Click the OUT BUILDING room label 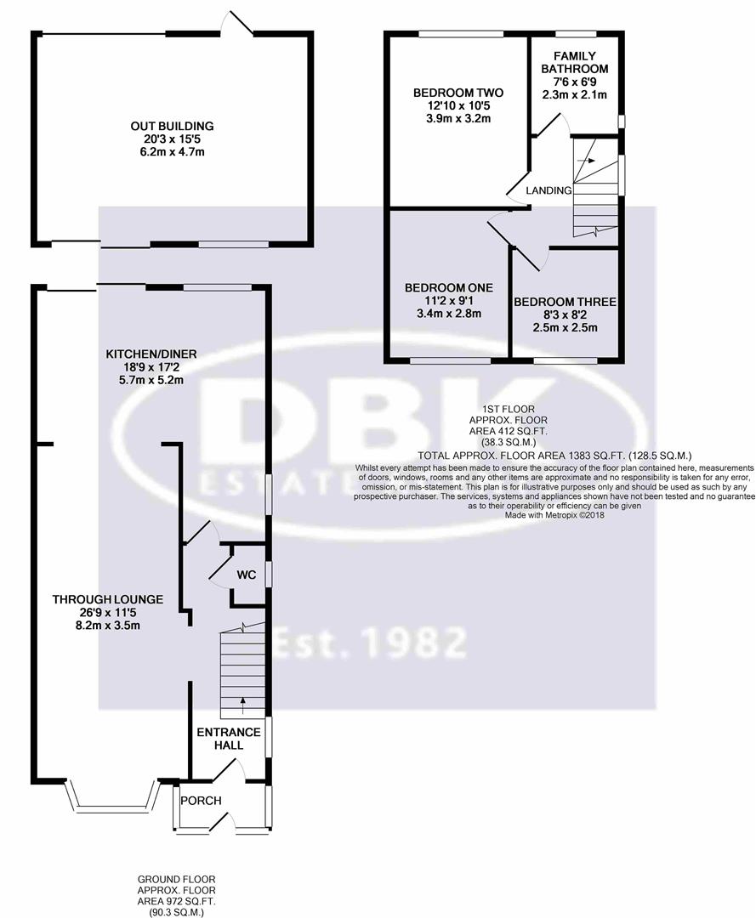pos(172,126)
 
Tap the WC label pos(246,575)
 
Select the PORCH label pos(202,801)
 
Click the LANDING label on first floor pos(549,190)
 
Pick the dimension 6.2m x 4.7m pos(172,152)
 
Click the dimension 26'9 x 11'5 pos(107,613)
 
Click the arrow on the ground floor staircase pos(243,703)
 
